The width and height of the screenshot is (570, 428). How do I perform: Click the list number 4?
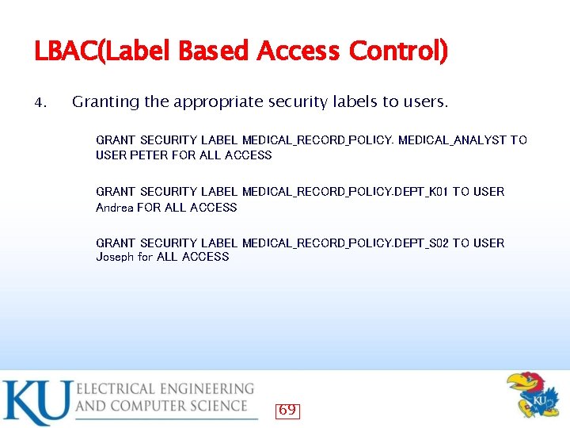42,103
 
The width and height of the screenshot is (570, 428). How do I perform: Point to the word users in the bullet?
426,102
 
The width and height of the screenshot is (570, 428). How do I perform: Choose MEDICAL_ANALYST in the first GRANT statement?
452,140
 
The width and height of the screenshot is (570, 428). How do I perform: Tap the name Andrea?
114,208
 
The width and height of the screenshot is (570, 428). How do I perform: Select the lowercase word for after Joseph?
146,257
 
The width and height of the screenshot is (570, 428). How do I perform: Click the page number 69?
287,410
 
